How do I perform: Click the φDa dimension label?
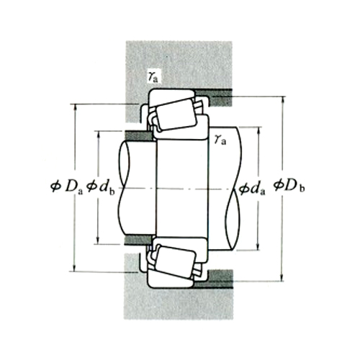pos(64,189)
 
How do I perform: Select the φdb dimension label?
pos(100,189)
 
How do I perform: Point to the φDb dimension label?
pos(289,189)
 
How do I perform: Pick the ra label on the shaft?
pos(220,138)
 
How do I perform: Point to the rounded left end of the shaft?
pos(122,189)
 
